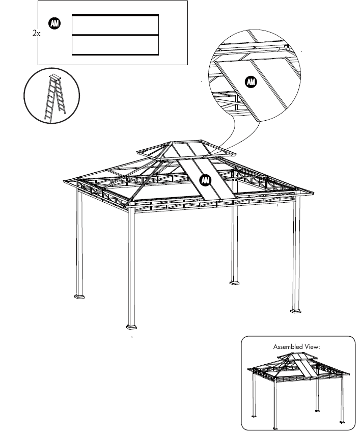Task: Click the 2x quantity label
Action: tap(36, 33)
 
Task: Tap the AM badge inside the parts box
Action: tap(54, 23)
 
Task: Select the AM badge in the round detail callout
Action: tap(251, 82)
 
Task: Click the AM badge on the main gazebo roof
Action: tap(205, 180)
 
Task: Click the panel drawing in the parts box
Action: tap(115, 35)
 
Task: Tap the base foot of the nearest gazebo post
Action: tap(131, 325)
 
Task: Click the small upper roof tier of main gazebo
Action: tap(186, 149)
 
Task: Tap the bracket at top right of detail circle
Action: tap(287, 47)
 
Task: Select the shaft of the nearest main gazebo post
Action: tap(131, 265)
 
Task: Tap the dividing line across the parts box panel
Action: tap(115, 35)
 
